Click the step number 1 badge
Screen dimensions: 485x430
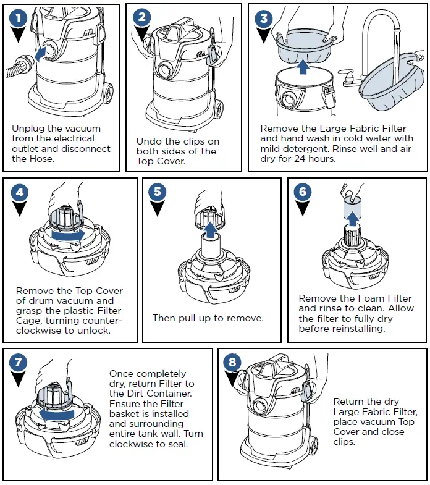coord(19,19)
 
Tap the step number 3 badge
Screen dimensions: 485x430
coord(264,19)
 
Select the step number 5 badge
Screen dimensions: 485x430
coord(158,192)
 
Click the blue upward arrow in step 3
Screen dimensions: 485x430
coord(303,65)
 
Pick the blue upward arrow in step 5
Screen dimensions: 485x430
coord(211,229)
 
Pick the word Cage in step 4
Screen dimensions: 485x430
coord(28,320)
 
